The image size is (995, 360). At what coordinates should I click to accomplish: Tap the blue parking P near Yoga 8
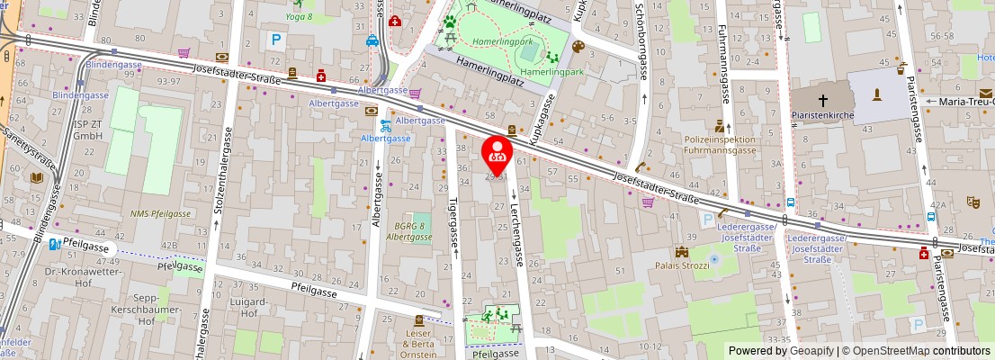[x=277, y=40]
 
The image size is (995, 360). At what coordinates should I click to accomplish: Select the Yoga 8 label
[x=299, y=16]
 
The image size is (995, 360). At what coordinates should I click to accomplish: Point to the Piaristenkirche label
[x=822, y=115]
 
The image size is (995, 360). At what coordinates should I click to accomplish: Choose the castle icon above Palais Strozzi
[x=682, y=252]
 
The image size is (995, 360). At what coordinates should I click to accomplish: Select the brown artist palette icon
[x=578, y=47]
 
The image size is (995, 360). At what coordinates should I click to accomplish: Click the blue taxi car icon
[x=372, y=40]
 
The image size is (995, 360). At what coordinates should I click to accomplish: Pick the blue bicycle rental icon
[x=386, y=124]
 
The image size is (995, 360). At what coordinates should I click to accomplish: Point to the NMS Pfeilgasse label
[x=160, y=213]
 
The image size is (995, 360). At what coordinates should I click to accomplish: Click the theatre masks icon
[x=973, y=202]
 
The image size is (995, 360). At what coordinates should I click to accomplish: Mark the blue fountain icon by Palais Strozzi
[x=715, y=259]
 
